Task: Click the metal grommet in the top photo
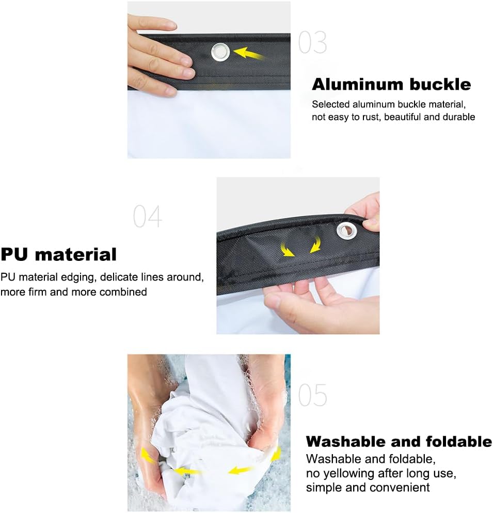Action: pos(220,52)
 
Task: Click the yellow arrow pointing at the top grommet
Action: pos(249,53)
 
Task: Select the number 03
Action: pos(312,42)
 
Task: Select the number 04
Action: pos(148,216)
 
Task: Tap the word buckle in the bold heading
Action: pos(440,84)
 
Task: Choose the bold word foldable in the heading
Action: pos(459,441)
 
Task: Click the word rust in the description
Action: pos(371,117)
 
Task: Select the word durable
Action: pos(459,117)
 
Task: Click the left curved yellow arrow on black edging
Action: pos(287,250)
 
